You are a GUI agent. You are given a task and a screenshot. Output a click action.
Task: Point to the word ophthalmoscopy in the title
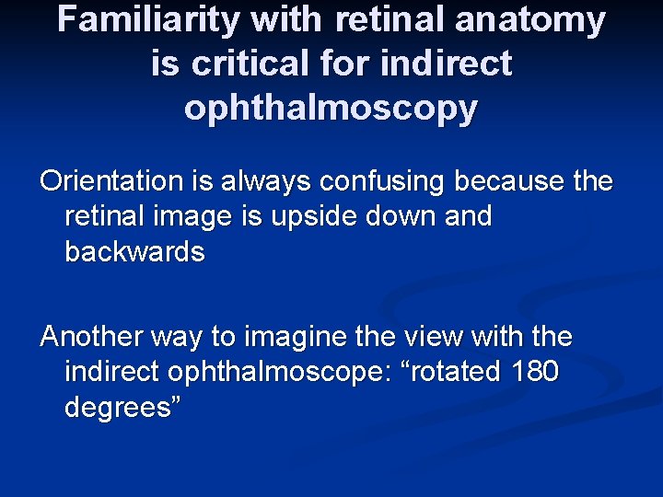pos(331,109)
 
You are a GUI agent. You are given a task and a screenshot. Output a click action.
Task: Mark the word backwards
pos(134,252)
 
